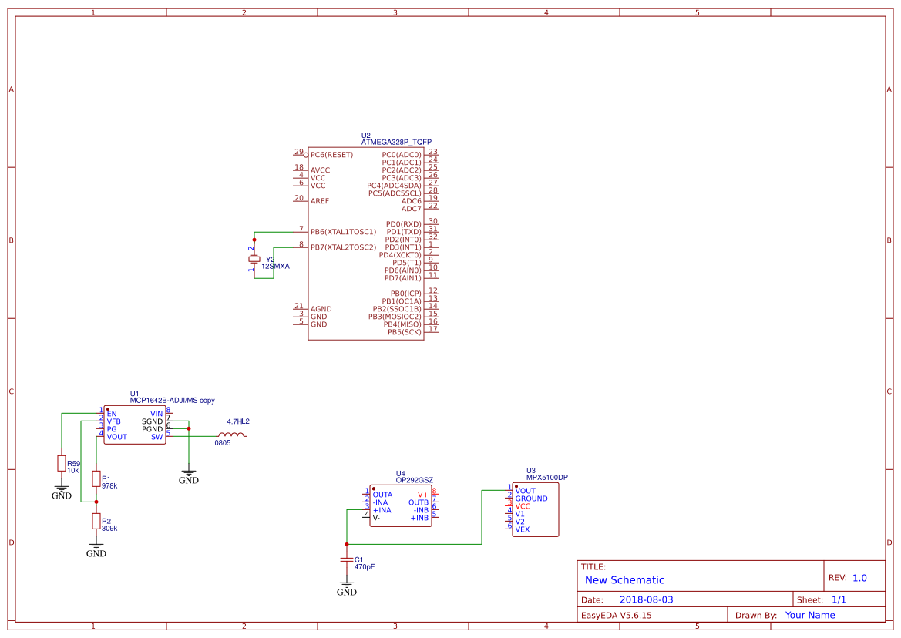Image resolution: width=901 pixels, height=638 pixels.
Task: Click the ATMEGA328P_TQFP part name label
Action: tap(396, 143)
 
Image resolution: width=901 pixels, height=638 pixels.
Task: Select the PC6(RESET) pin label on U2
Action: tap(331, 155)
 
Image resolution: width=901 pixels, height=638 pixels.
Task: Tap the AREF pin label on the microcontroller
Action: tap(320, 201)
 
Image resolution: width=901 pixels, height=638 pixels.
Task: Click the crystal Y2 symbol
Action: tap(254, 260)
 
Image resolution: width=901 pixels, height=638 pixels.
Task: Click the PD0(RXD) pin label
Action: tap(403, 224)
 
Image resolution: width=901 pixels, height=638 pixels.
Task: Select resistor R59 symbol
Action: tap(62, 463)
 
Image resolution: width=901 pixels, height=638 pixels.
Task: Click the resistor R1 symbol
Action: tap(96, 479)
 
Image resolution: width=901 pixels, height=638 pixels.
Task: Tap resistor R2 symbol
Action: tap(96, 522)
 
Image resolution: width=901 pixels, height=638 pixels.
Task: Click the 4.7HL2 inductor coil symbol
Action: tap(231, 435)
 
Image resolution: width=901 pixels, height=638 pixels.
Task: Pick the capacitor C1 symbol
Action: tap(347, 559)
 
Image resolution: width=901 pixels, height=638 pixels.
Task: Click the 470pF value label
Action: tap(365, 566)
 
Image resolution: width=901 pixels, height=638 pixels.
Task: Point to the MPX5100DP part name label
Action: tap(546, 477)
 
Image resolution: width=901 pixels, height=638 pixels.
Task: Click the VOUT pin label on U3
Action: tap(526, 491)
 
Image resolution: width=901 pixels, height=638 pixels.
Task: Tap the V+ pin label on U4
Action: tap(422, 495)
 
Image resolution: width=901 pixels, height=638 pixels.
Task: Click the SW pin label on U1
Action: tap(156, 437)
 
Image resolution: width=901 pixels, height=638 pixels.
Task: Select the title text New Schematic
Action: tap(624, 580)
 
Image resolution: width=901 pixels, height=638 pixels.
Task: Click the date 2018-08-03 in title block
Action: tap(646, 599)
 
